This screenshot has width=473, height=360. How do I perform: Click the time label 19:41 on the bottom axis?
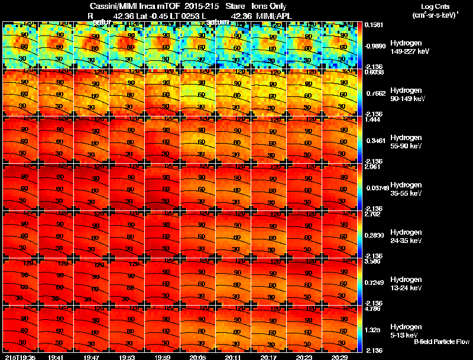(56, 357)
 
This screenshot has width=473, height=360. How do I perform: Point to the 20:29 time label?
(340, 357)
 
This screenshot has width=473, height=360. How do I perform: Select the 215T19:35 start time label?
(20, 357)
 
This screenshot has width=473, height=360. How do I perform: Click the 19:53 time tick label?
(127, 357)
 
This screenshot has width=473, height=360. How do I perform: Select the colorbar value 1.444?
(374, 119)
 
